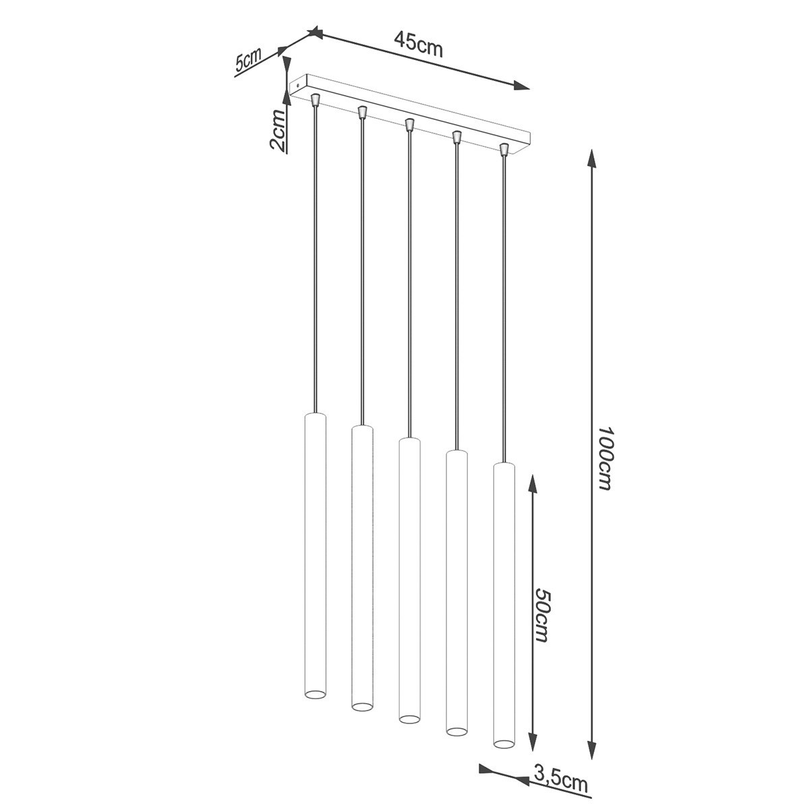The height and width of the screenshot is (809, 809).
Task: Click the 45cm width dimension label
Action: tap(418, 45)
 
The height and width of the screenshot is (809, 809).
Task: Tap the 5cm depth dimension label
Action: tap(249, 61)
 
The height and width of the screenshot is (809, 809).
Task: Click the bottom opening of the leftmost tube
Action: tap(315, 694)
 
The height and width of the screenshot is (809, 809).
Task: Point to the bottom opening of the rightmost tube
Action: tap(503, 744)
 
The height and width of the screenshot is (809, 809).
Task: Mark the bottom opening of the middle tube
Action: tap(409, 719)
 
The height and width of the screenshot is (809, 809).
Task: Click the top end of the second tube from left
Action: tap(362, 428)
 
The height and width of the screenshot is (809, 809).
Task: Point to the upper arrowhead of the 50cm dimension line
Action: tap(532, 481)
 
